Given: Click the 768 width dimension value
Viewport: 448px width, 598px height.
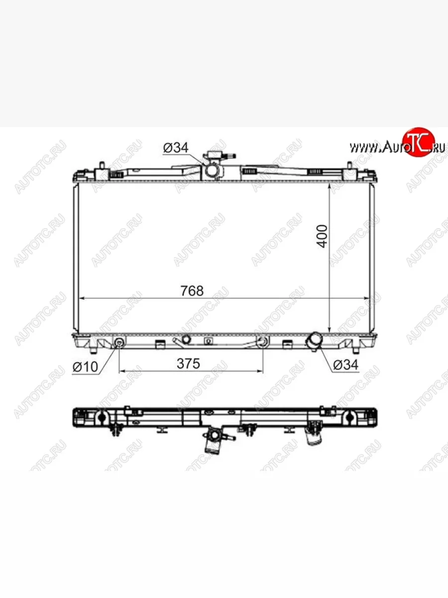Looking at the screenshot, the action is pos(192,291).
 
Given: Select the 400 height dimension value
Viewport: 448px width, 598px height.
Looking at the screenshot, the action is pos(323,236).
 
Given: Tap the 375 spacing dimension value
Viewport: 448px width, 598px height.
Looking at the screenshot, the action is pos(188,363).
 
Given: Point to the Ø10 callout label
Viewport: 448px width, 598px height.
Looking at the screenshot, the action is pos(85,367).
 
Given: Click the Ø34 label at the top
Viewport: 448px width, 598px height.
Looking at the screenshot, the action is pos(176,148).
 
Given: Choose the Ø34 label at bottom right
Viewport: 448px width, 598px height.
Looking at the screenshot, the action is pos(346,365).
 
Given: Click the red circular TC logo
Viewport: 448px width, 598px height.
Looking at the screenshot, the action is pos(419,142).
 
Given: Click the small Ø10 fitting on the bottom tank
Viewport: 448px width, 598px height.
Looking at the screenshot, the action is pos(119,342).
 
